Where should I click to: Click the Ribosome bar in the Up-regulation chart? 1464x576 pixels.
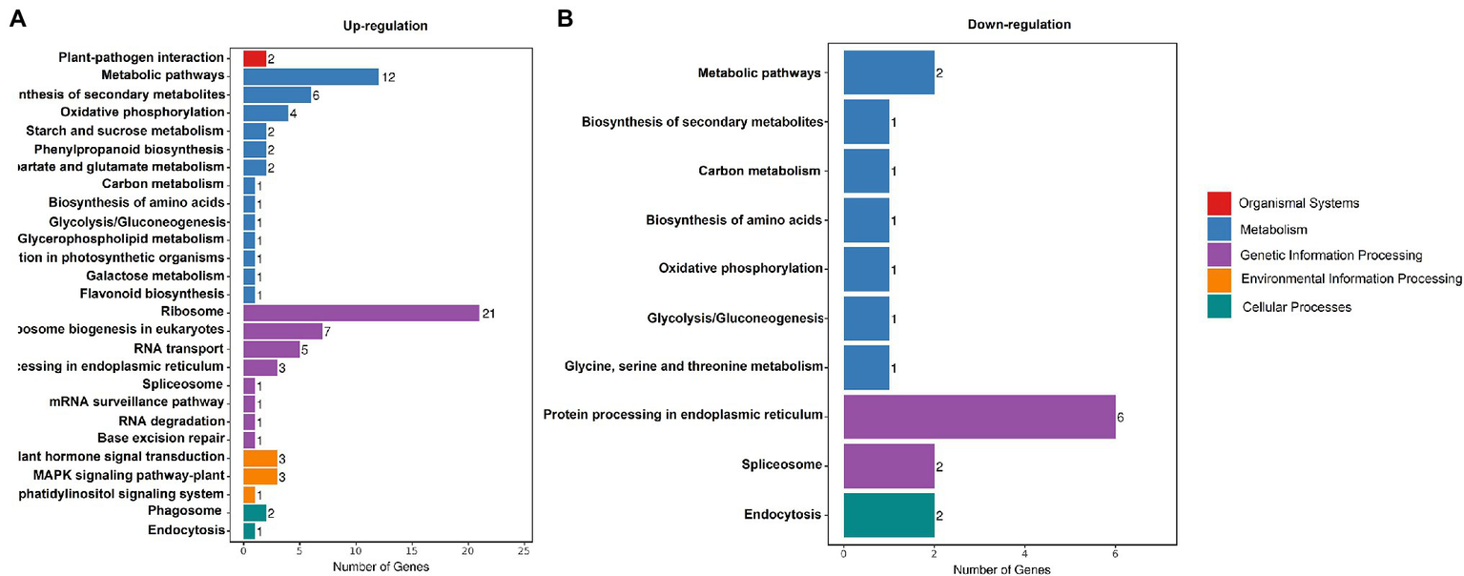[x=361, y=313]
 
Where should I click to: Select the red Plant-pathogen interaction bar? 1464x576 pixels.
[x=255, y=58]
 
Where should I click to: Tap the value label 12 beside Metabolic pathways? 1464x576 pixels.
[x=387, y=77]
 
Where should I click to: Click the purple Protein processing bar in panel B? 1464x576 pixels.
[x=979, y=416]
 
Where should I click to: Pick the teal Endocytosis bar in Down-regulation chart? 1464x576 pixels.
[x=888, y=515]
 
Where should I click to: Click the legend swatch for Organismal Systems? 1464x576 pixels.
[x=1219, y=203]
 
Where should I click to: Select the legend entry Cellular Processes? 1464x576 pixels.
[x=1296, y=307]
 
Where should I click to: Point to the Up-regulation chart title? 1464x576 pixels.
[x=385, y=26]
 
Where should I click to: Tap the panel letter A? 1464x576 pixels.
[x=16, y=19]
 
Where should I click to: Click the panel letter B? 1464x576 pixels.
[x=565, y=19]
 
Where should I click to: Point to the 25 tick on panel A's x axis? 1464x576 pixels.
[x=524, y=551]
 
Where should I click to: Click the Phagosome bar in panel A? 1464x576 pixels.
[x=255, y=512]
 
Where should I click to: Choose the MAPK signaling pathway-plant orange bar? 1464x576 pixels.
[x=260, y=476]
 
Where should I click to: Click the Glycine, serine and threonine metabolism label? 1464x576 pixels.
[x=692, y=367]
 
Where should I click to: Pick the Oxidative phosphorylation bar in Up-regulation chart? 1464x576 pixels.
[x=266, y=113]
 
